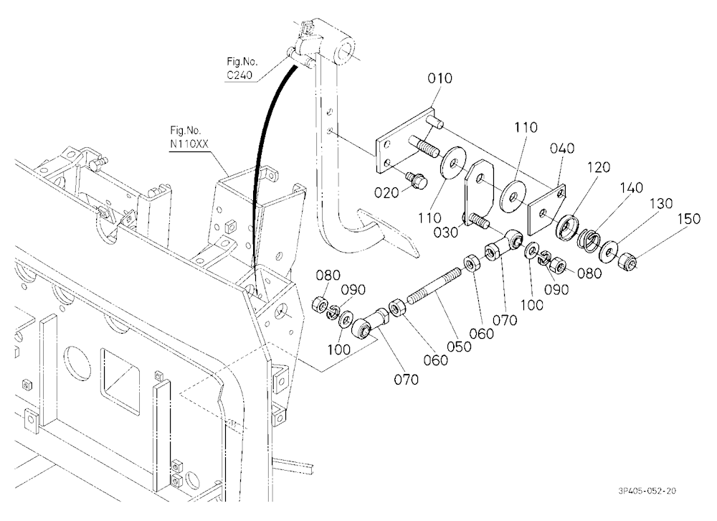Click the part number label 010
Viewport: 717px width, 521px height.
click(x=440, y=78)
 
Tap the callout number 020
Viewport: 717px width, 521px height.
click(x=386, y=193)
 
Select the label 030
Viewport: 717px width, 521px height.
click(x=445, y=232)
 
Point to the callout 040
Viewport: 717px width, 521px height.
click(x=562, y=149)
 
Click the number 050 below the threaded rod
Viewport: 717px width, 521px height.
click(x=459, y=347)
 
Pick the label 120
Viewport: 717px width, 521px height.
click(x=598, y=167)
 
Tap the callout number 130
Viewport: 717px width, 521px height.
click(x=660, y=203)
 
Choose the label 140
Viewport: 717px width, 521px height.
click(x=631, y=188)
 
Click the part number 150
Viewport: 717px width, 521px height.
click(x=688, y=219)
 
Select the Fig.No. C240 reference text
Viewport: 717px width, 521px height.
click(x=242, y=68)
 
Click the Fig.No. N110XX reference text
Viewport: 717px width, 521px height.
click(x=189, y=137)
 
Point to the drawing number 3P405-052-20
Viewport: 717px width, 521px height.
click(x=647, y=491)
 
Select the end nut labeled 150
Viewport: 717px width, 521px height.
click(x=625, y=263)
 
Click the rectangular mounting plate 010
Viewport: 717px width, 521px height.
click(x=404, y=141)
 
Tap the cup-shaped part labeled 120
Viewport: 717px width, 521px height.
click(x=567, y=226)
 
